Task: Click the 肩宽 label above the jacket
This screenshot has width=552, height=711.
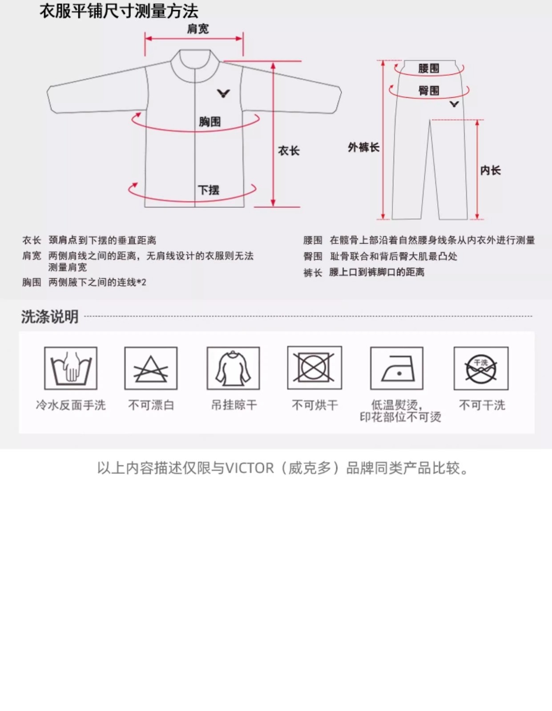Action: click(x=198, y=29)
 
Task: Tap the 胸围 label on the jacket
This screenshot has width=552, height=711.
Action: click(x=210, y=122)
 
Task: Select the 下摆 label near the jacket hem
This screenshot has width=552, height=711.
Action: click(x=209, y=190)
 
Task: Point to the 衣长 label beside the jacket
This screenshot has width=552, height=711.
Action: click(x=289, y=151)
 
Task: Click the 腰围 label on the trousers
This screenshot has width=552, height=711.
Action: click(x=429, y=68)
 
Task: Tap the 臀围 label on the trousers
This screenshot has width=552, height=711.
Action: click(x=429, y=91)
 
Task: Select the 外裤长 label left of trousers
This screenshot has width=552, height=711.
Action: click(x=363, y=148)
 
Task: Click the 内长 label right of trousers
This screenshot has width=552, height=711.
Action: click(x=491, y=171)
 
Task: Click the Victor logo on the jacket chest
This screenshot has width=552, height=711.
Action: click(x=223, y=93)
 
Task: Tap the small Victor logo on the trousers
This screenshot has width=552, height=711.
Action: click(x=454, y=104)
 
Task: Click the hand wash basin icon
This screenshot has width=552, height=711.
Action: click(x=71, y=368)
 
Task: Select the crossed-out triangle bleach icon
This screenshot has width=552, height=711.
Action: click(x=151, y=368)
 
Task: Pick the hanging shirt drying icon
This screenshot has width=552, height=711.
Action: click(x=233, y=368)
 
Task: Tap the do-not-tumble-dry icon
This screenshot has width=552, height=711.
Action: click(x=314, y=368)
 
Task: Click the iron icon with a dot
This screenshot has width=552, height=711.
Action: click(x=397, y=368)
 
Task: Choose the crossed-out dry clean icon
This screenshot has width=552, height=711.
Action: click(x=481, y=368)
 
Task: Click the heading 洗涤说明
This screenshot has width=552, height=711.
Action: click(x=50, y=317)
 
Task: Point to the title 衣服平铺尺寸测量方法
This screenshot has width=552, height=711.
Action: click(x=119, y=12)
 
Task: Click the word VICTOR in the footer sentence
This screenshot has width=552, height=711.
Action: click(x=250, y=468)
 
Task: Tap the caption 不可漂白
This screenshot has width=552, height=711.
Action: click(x=151, y=405)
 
